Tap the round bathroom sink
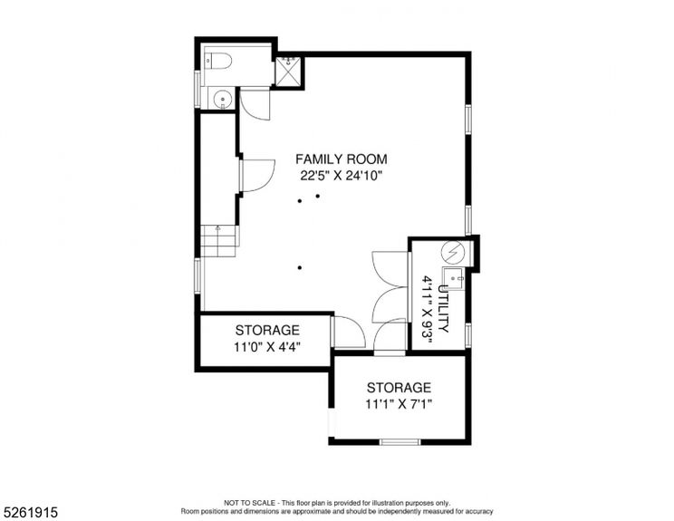tap(221, 98)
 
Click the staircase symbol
tap(217, 239)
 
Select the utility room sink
tap(452, 277)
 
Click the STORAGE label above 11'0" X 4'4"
tap(267, 330)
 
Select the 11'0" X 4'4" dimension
tap(267, 346)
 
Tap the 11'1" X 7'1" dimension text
tap(400, 404)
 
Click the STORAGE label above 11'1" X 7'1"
tap(400, 388)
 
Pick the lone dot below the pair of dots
tap(299, 267)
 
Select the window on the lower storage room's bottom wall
tap(399, 442)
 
